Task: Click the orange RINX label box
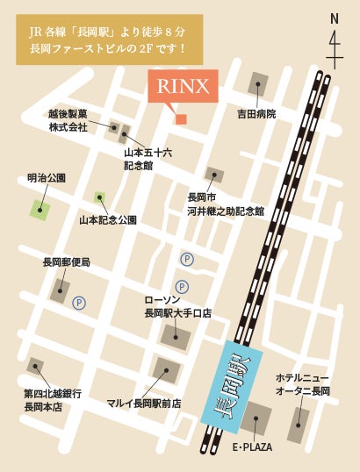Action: (x=181, y=87)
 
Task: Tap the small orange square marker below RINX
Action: (x=181, y=118)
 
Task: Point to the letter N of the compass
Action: (x=334, y=18)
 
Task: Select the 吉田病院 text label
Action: (x=257, y=114)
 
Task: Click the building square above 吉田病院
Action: (x=258, y=85)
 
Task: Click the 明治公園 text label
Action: (x=47, y=178)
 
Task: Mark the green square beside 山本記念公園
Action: (x=100, y=197)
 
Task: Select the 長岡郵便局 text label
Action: (x=66, y=261)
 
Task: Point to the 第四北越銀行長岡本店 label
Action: (x=53, y=400)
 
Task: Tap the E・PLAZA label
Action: (x=252, y=447)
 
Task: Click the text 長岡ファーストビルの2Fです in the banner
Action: (x=109, y=49)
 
